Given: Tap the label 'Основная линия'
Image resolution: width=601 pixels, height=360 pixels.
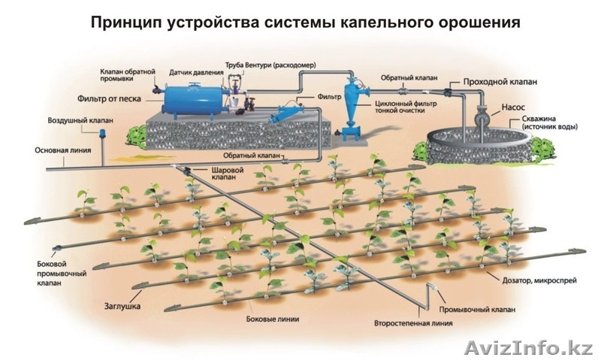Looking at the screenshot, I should click(62, 150).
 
